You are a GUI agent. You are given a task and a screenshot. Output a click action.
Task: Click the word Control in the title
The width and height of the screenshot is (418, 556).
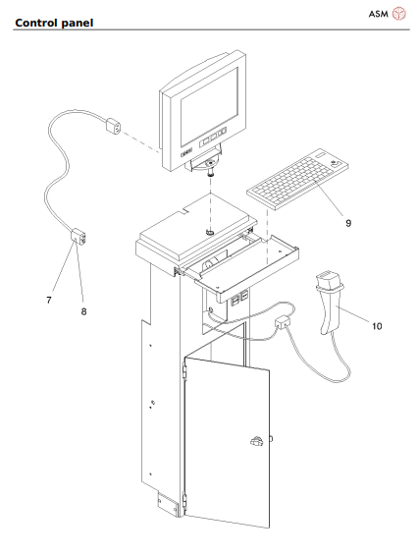pos(33,21)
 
